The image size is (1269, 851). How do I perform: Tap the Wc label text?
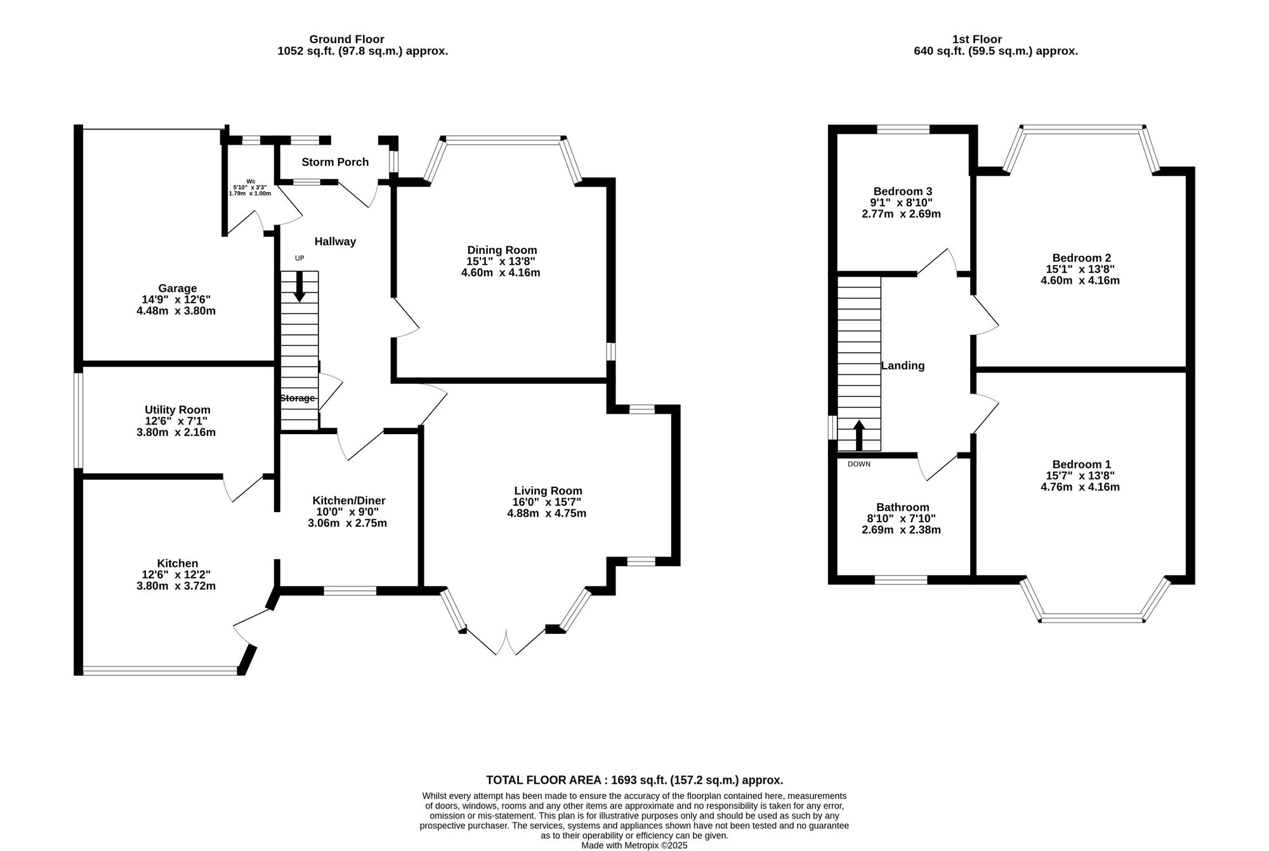[x=251, y=181]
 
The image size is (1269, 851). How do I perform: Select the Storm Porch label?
[x=335, y=162]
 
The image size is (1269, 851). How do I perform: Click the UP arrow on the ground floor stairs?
[x=299, y=286]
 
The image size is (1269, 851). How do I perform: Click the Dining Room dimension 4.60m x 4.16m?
[x=501, y=273]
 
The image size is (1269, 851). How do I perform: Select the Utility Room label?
[x=177, y=410]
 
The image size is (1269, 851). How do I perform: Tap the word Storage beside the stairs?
[x=297, y=399]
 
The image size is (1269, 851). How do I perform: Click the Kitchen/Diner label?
[x=349, y=501]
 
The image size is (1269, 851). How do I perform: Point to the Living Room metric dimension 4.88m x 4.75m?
[x=546, y=513]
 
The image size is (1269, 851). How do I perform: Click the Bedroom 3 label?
[x=902, y=191]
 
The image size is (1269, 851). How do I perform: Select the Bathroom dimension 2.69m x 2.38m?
[x=901, y=530]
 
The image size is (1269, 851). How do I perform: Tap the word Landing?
[x=902, y=366]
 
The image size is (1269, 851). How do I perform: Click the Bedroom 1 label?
[x=1081, y=465]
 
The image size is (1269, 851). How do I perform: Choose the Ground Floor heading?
[x=346, y=39]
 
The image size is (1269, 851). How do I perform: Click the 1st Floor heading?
[x=978, y=39]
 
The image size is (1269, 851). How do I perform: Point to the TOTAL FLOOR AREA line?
[x=634, y=780]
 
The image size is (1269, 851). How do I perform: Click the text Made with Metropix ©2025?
[x=634, y=845]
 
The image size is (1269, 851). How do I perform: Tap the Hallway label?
[x=335, y=242]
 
